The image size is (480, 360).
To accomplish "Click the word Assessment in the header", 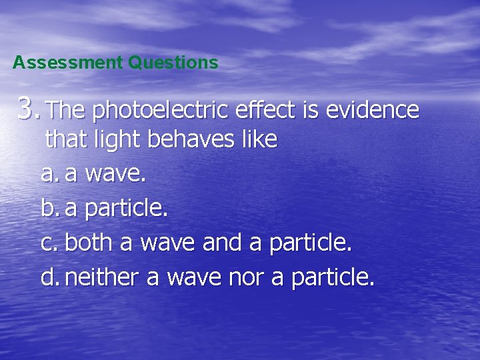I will (67, 63).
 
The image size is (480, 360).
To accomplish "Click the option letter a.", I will (48, 175).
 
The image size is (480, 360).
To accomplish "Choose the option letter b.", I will (48, 209).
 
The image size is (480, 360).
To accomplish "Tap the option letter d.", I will (48, 276).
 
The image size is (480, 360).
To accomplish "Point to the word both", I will (89, 242).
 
